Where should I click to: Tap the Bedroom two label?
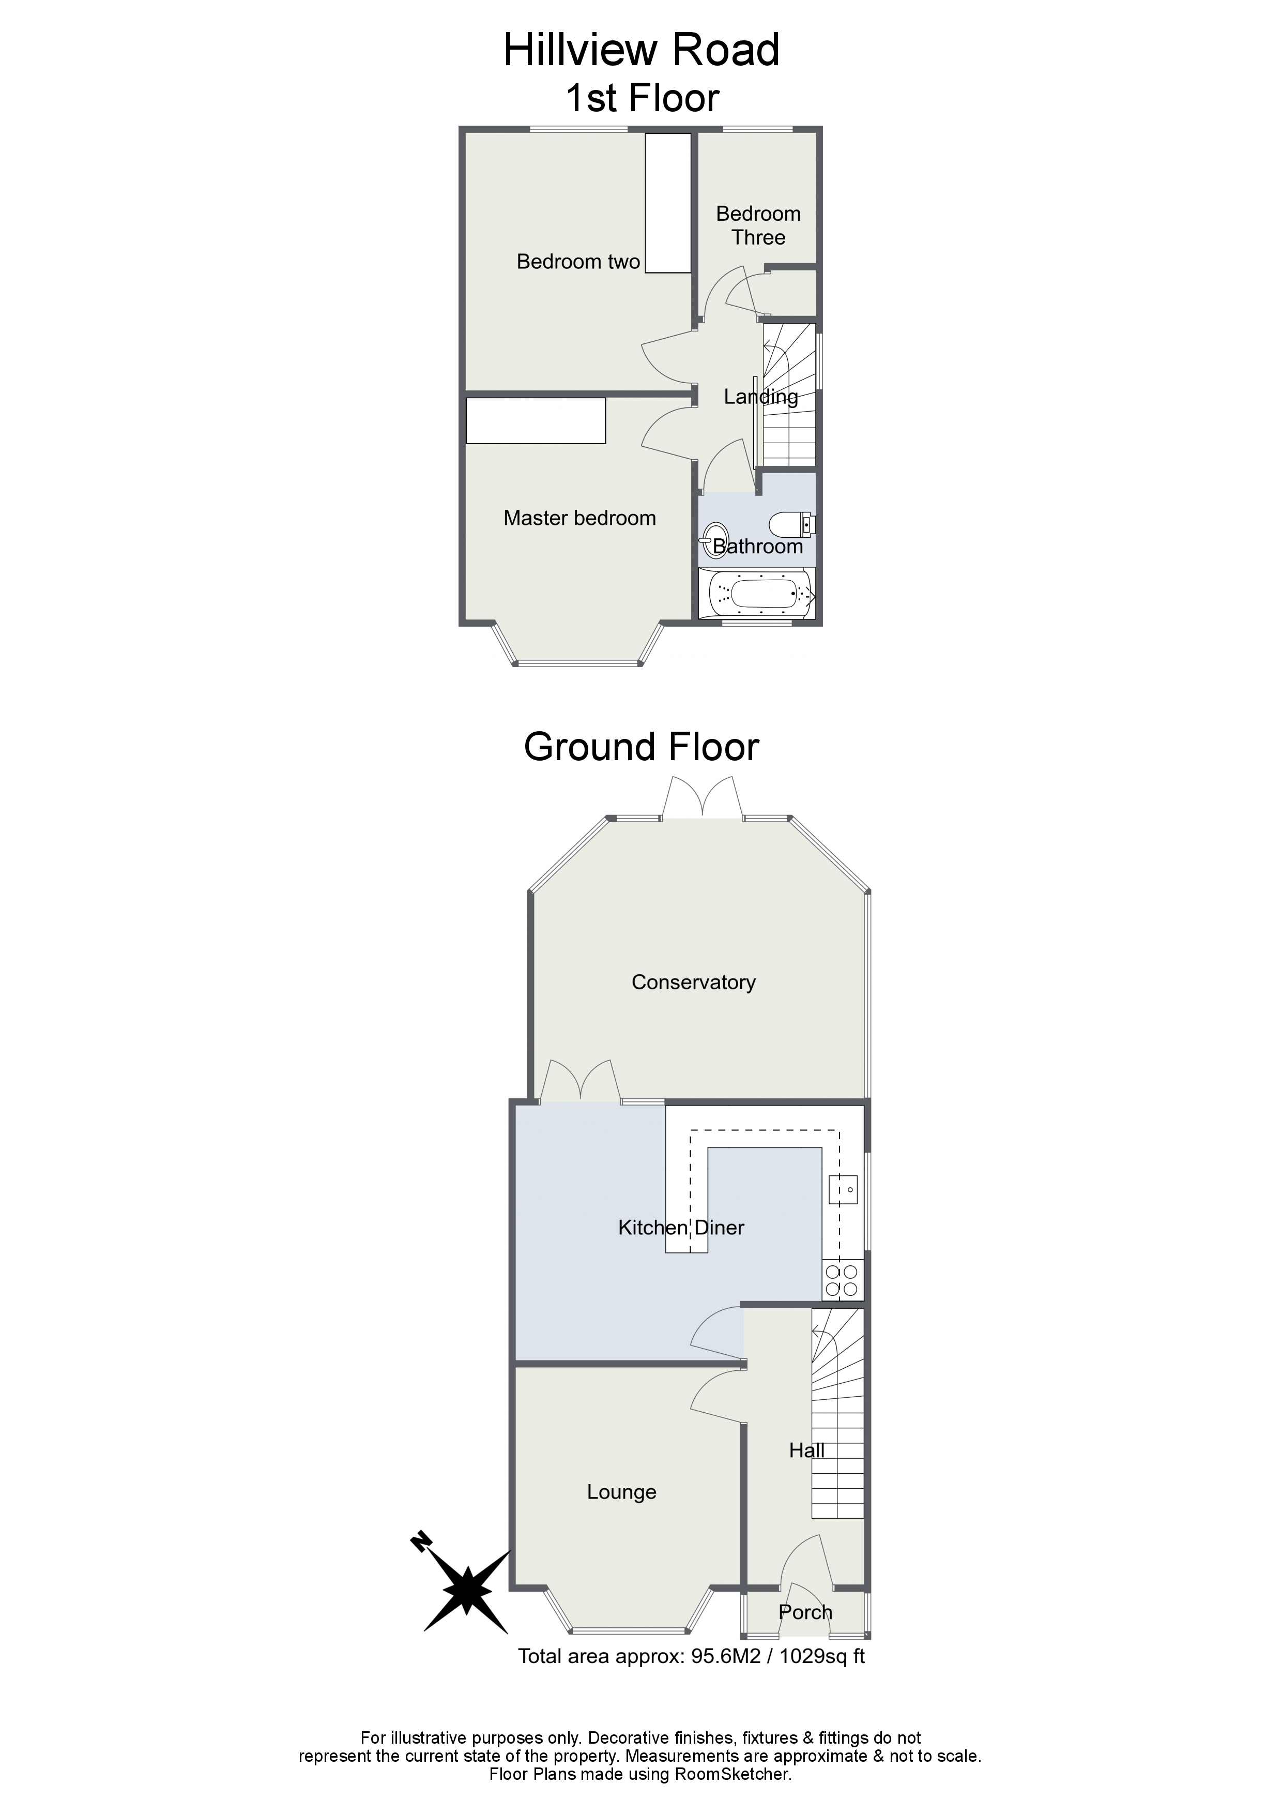pyautogui.click(x=578, y=262)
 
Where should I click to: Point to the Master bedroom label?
pyautogui.click(x=580, y=518)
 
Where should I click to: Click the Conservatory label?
pyautogui.click(x=694, y=982)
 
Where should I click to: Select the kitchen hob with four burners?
pyautogui.click(x=842, y=1280)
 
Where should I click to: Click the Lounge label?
pyautogui.click(x=622, y=1492)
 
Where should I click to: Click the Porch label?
pyautogui.click(x=805, y=1612)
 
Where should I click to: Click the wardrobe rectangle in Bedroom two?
pyautogui.click(x=668, y=203)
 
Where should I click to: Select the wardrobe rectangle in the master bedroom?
pyautogui.click(x=536, y=420)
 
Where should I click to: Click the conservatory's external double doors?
pyautogui.click(x=702, y=798)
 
